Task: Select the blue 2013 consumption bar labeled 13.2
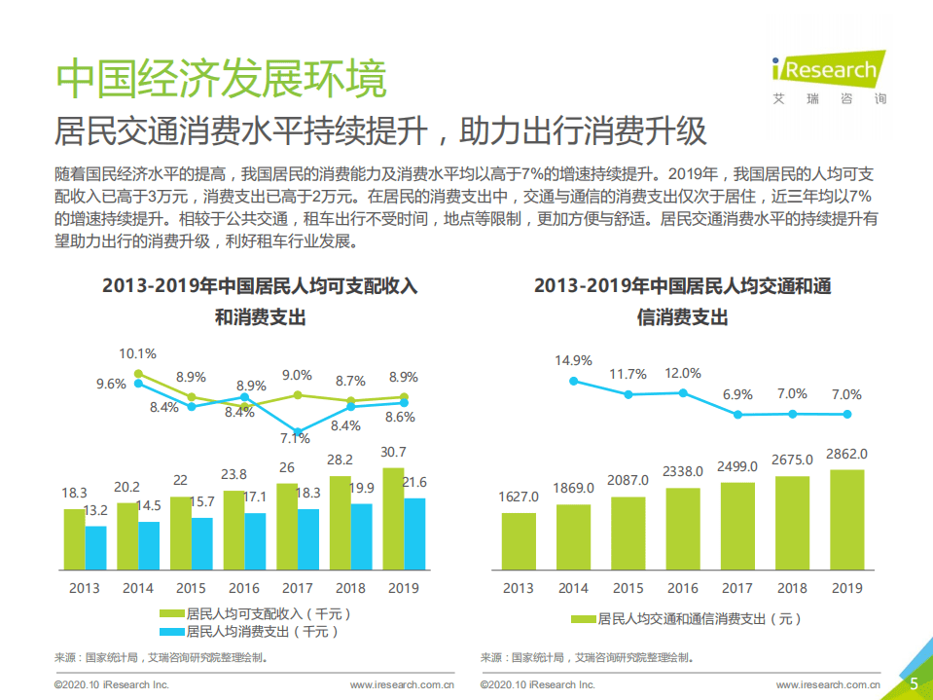pyautogui.click(x=95, y=547)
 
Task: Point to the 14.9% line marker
pyautogui.click(x=574, y=381)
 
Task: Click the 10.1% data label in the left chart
pyautogui.click(x=137, y=353)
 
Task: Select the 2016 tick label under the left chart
pyautogui.click(x=243, y=588)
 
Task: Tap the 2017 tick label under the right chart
pyautogui.click(x=737, y=588)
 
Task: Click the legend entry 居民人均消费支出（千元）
pyautogui.click(x=255, y=632)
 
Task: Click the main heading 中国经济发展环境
pyautogui.click(x=222, y=77)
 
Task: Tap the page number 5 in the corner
pyautogui.click(x=914, y=684)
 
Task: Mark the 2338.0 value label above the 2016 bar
pyautogui.click(x=683, y=471)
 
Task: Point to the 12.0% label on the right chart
pyautogui.click(x=682, y=373)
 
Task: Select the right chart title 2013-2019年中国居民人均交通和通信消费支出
pyautogui.click(x=682, y=302)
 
